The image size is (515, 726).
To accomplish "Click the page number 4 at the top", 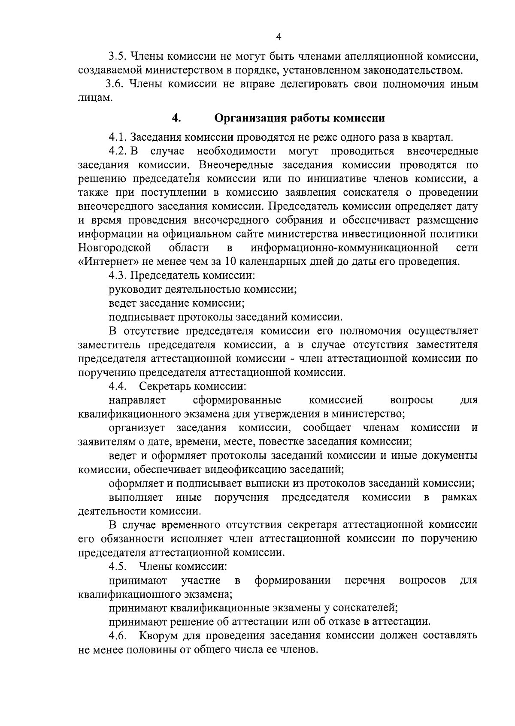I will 279,37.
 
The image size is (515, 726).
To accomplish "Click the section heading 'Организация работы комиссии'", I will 300,118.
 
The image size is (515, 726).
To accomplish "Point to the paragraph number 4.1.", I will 117,138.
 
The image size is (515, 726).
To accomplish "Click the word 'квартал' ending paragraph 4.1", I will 432,138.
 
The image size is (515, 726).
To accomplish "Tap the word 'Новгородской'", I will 115,248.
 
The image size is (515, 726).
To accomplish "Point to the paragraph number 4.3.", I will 117,275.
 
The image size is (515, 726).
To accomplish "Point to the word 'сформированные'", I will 237,400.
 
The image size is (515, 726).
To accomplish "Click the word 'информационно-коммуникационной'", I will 344,248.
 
